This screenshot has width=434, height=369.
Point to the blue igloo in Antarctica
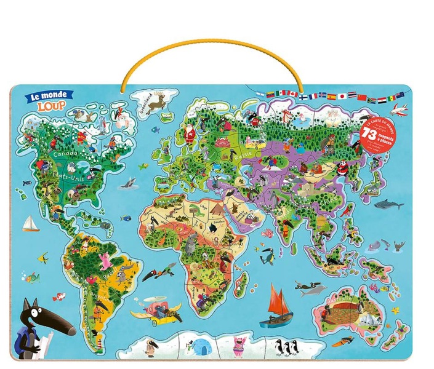pos(201,347)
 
